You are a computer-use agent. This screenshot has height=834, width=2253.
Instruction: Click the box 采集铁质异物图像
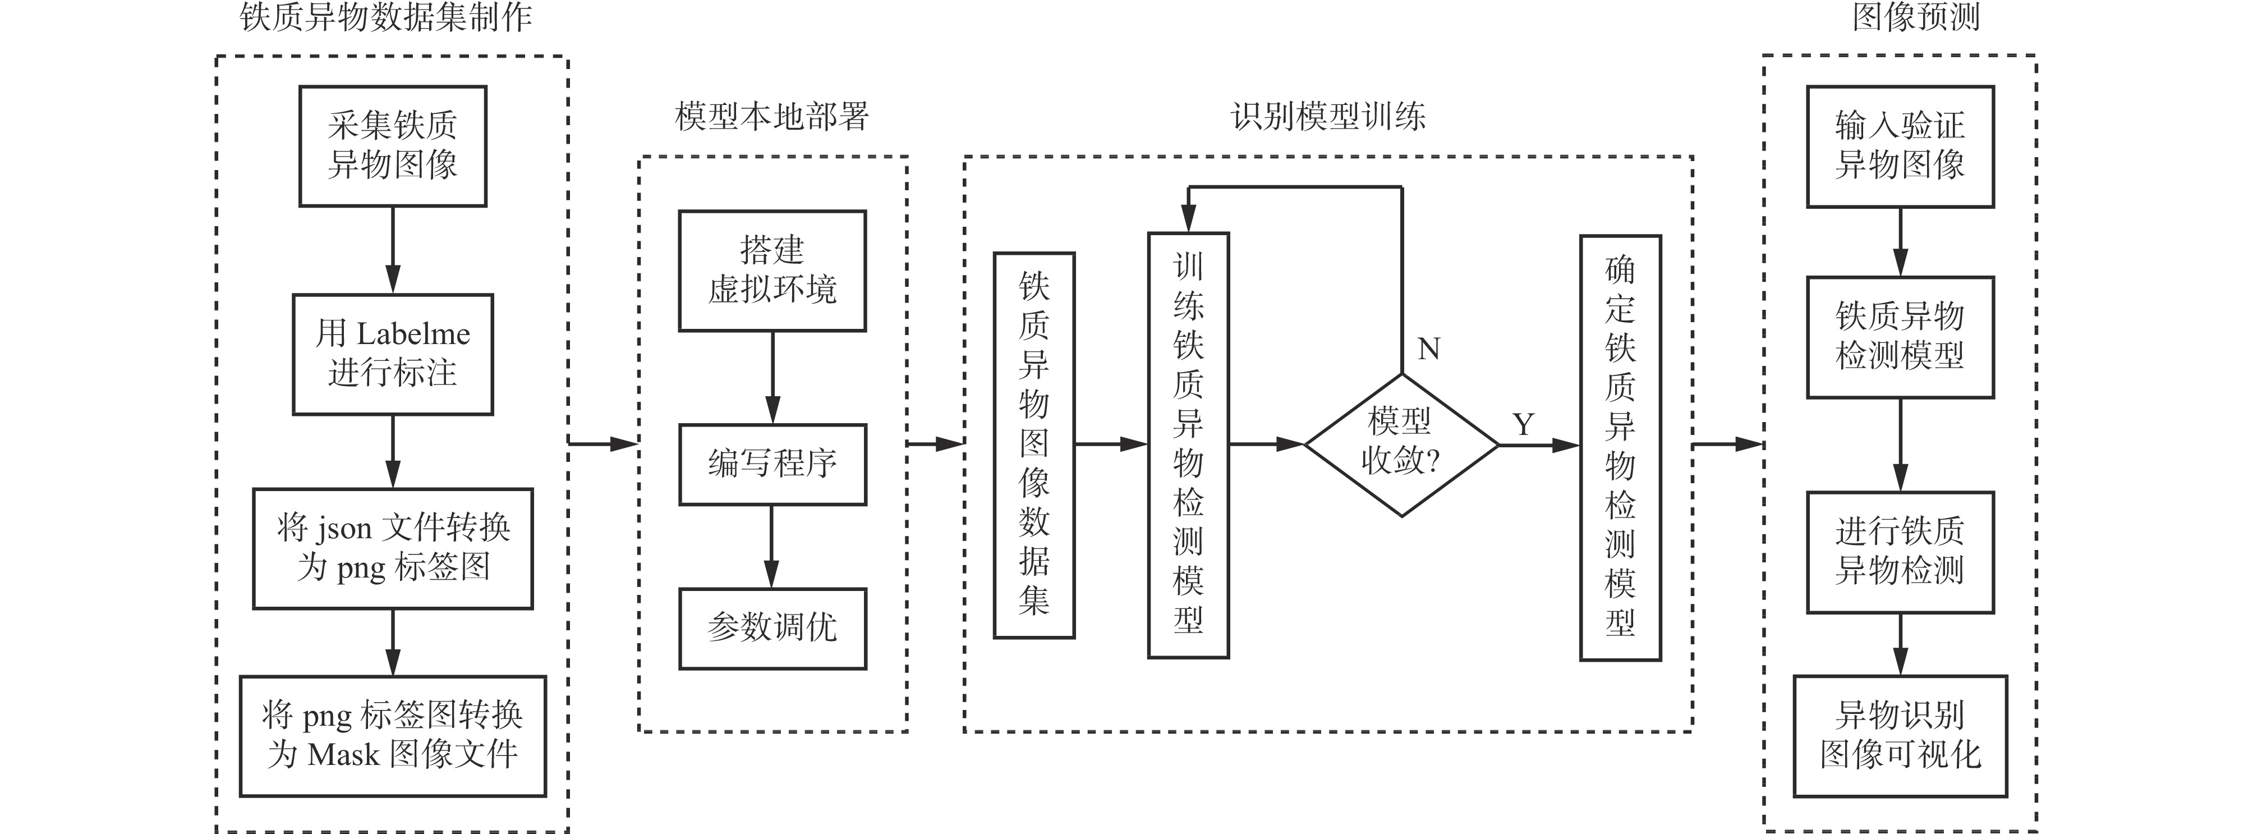pos(393,146)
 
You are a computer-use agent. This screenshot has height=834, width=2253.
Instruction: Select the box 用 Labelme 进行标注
pos(393,354)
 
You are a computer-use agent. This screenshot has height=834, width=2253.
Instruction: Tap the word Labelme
pos(413,333)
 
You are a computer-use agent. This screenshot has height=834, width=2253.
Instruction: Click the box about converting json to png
pos(393,548)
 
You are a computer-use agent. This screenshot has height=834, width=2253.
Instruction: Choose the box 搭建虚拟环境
pos(773,271)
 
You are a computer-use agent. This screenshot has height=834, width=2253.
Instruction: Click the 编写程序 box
pos(773,464)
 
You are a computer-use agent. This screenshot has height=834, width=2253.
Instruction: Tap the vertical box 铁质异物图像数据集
pos(1034,445)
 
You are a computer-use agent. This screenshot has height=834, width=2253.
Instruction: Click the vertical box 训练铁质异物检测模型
pos(1188,445)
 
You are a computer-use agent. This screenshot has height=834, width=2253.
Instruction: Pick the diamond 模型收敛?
pos(1401,445)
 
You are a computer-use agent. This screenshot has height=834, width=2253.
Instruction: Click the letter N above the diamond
pos(1428,349)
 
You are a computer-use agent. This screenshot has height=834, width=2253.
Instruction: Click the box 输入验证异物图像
pos(1900,146)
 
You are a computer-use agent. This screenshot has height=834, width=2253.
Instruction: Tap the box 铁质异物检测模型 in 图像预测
pos(1900,337)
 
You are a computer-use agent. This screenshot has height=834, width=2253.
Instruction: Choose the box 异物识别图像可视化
pos(1900,735)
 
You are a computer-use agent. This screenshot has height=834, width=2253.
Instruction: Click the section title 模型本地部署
pos(773,116)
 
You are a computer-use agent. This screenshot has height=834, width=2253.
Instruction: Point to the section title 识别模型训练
pos(1328,116)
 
